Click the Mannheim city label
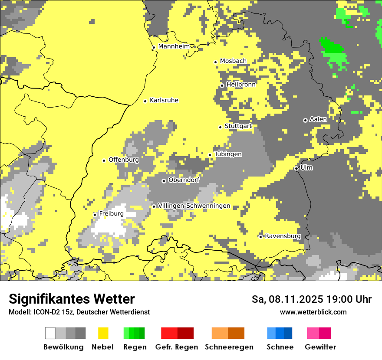[174, 46]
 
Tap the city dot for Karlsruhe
[145, 101]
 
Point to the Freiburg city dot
[95, 215]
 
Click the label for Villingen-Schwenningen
[194, 206]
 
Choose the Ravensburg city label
[283, 236]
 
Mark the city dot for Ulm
[296, 168]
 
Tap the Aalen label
[318, 119]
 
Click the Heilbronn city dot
[222, 85]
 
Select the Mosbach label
[233, 61]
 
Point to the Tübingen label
[228, 154]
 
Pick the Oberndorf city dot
[164, 181]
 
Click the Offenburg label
[124, 160]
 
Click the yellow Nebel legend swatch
[103, 333]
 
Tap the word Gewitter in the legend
[320, 347]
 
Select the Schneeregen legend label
[229, 347]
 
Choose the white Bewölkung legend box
[50, 333]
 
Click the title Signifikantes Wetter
[72, 299]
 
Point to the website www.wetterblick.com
[313, 312]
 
